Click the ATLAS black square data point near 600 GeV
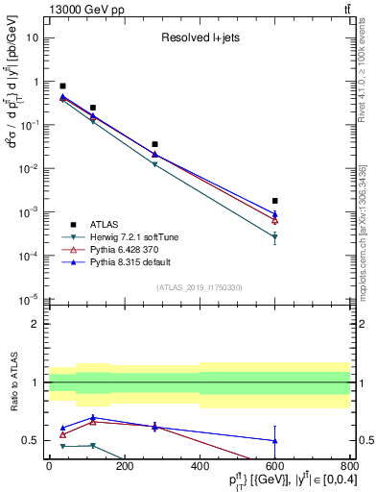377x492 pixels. coord(275,201)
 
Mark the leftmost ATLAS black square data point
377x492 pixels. coord(63,86)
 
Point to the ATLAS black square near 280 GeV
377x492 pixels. coord(154,144)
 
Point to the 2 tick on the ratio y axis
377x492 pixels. coord(37,324)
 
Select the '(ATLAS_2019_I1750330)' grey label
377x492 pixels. coord(199,287)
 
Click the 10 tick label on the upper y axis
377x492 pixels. coord(33,37)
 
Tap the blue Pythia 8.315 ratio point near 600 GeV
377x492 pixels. coord(275,441)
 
